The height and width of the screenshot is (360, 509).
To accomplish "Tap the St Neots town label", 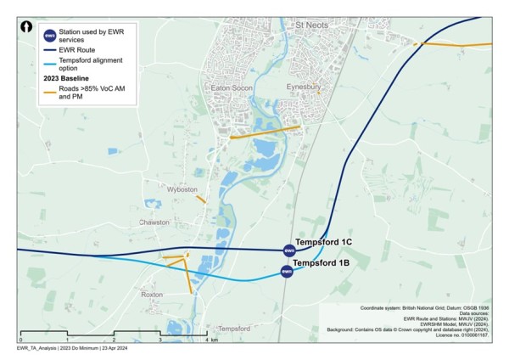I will [311, 27].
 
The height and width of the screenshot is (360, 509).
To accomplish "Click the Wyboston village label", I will [182, 188].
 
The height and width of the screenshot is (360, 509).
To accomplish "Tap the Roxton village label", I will [152, 295].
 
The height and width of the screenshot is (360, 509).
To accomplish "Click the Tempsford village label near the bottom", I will [234, 329].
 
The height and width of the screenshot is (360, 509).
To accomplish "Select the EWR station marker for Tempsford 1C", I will [288, 250].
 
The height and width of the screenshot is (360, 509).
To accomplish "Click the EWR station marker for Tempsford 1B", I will [286, 271].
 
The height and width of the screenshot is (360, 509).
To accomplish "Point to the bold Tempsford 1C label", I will [323, 242].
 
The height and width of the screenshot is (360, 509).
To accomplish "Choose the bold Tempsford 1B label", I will [321, 263].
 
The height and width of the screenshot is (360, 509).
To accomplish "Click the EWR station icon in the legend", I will [50, 36].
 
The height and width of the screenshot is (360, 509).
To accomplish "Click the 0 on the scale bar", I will [20, 340].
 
